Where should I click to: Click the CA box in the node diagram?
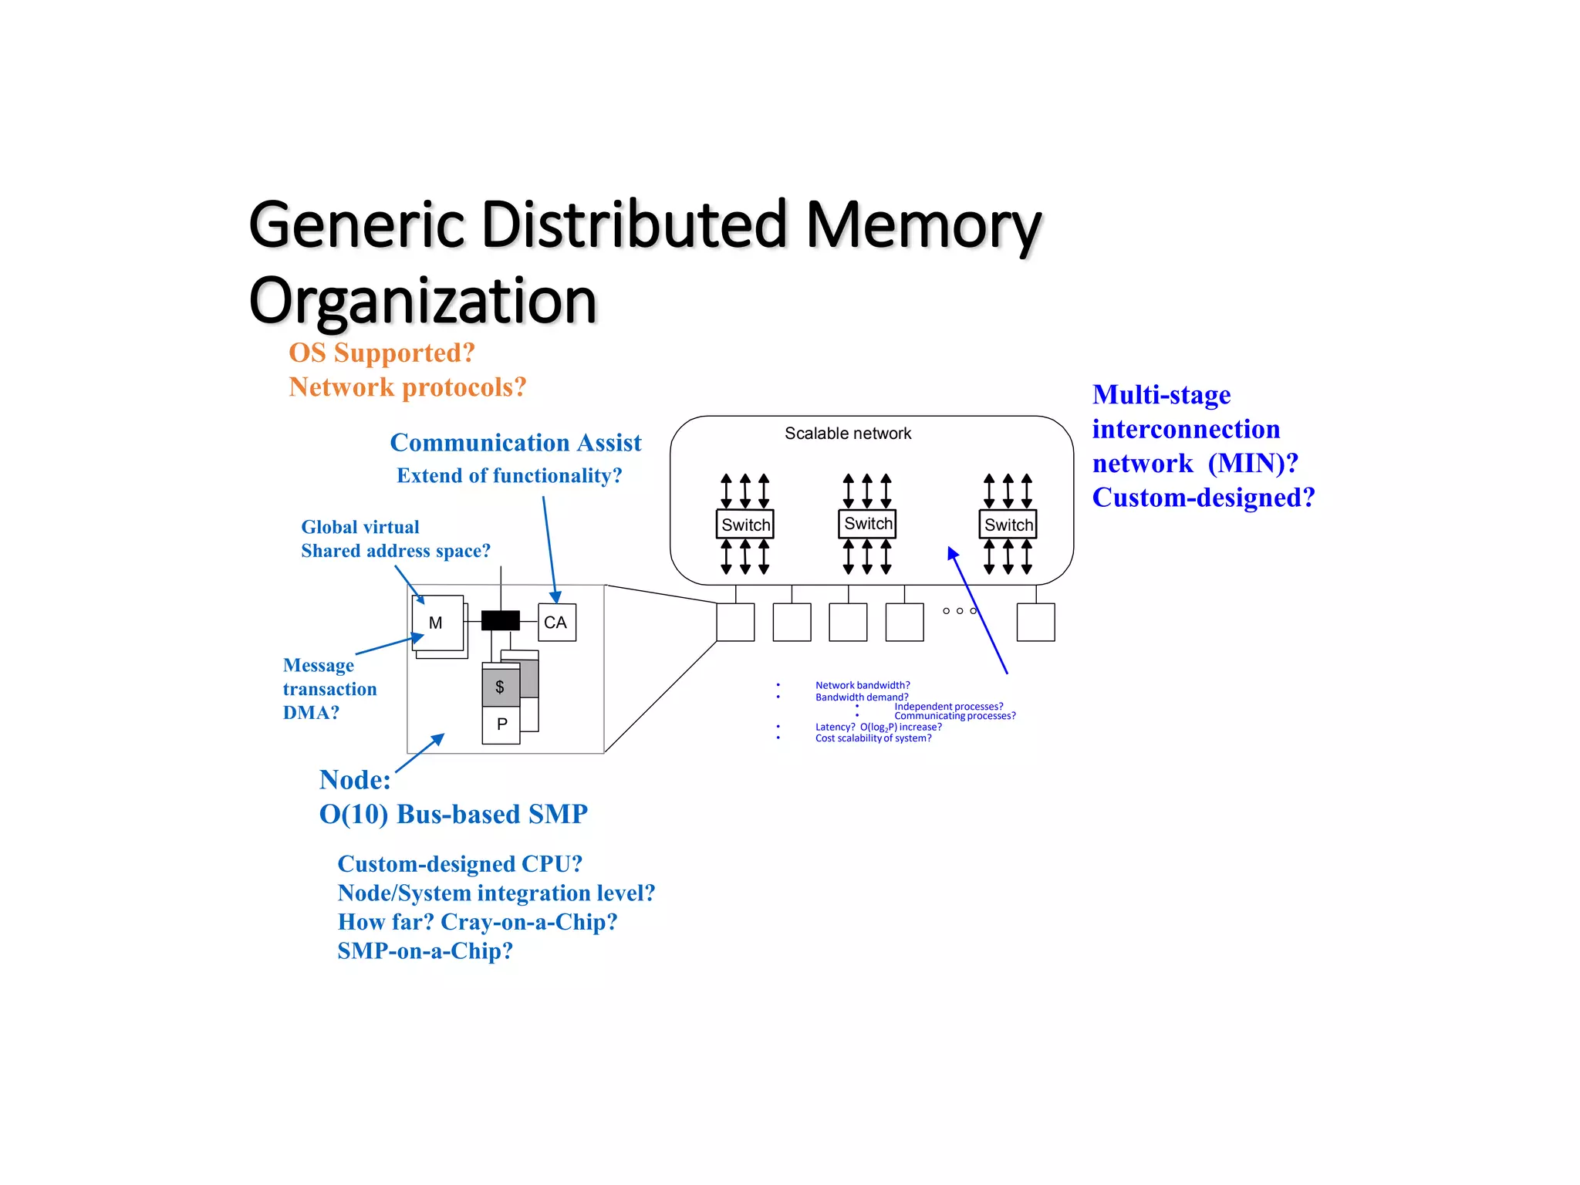[556, 623]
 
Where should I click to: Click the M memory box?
[437, 623]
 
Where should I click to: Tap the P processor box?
[501, 724]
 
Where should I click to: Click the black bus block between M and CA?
[500, 620]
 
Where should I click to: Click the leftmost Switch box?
[745, 525]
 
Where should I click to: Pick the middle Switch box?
[867, 524]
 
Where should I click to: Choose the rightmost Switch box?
[1008, 525]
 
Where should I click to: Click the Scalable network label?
[847, 434]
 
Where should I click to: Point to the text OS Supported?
[381, 353]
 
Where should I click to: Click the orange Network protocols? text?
[407, 387]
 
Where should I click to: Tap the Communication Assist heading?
[515, 443]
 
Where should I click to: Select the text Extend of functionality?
[508, 476]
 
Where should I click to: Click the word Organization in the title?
[423, 301]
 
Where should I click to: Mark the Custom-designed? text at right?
[1202, 498]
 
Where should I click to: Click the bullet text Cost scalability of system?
[873, 738]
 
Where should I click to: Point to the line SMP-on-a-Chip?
[425, 951]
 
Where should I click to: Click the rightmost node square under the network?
[1035, 623]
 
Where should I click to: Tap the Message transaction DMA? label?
[329, 688]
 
